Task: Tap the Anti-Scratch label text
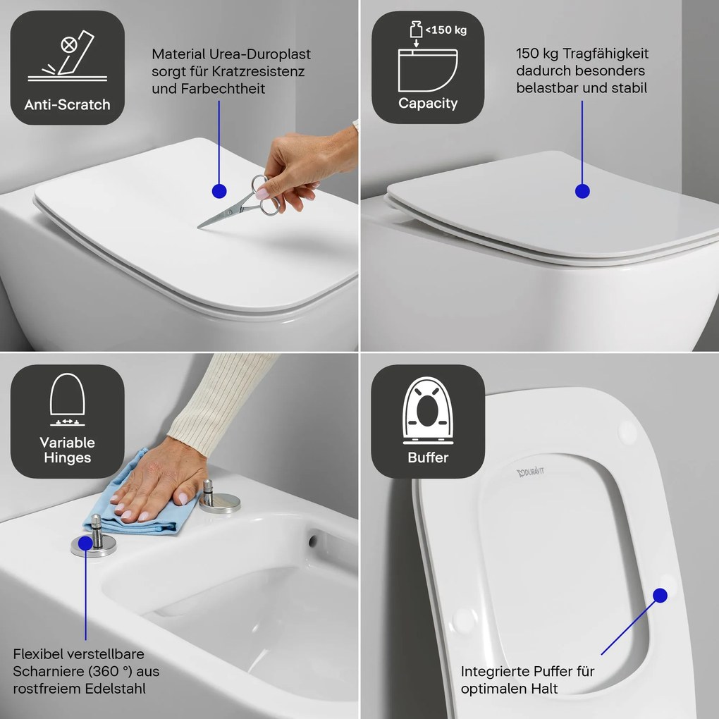point(67,105)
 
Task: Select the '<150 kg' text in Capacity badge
point(445,30)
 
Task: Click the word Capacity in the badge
point(428,104)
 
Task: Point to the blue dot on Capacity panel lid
point(582,190)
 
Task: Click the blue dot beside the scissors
point(219,190)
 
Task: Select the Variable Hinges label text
point(67,450)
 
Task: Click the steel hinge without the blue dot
point(219,498)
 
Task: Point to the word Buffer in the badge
point(428,457)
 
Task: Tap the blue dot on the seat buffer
point(660,595)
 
